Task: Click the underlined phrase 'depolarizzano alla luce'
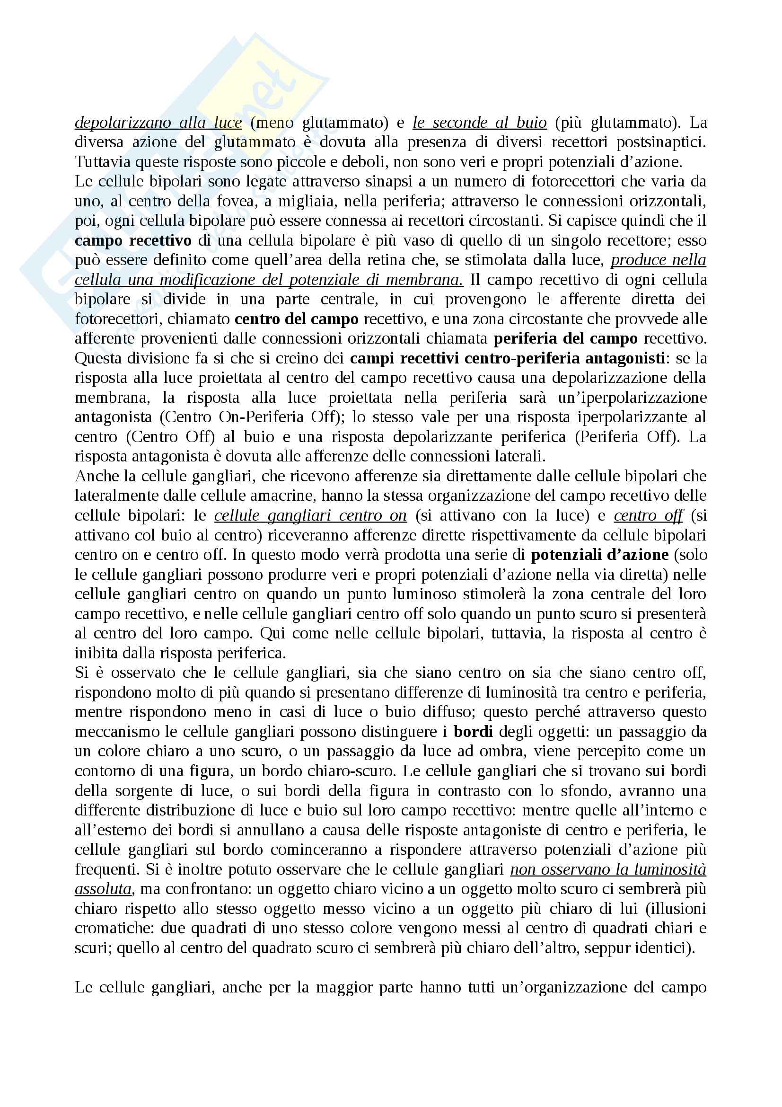point(158,123)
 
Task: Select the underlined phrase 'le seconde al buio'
point(479,123)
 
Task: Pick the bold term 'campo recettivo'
point(133,240)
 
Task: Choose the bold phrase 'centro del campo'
point(296,319)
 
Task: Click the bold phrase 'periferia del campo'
point(566,339)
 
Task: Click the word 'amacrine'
point(283,496)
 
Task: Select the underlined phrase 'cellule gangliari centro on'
point(310,515)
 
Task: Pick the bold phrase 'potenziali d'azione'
point(600,555)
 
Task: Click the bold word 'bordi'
point(473,732)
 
